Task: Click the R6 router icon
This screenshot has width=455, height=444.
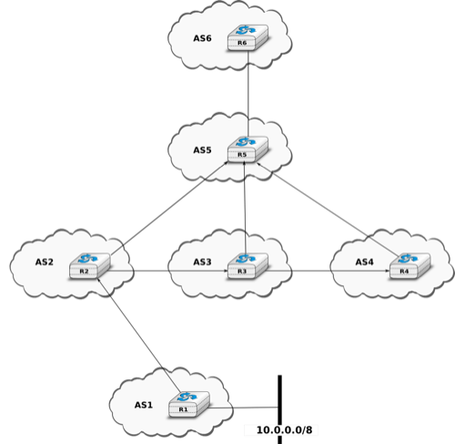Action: (248, 37)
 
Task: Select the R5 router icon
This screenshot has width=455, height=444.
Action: (248, 150)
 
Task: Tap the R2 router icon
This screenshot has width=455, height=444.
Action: (90, 265)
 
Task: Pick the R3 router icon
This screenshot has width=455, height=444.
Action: (248, 265)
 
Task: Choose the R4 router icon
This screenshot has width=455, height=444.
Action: (409, 265)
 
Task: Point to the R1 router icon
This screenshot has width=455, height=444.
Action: (189, 404)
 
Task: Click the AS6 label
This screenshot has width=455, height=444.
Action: (202, 38)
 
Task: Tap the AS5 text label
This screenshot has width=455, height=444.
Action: (202, 150)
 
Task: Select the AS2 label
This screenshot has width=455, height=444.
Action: (45, 262)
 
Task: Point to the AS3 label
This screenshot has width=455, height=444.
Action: (202, 262)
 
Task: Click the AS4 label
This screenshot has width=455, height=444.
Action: (364, 262)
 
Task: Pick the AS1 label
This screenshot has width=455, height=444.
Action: (144, 405)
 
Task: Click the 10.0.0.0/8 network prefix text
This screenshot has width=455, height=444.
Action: (284, 430)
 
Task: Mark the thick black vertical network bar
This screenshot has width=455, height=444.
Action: (279, 409)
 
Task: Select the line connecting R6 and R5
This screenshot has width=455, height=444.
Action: (248, 94)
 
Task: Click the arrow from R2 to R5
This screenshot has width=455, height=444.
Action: (169, 208)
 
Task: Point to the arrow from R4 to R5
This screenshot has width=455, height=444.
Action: (328, 210)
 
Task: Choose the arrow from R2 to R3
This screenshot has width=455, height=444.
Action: (167, 270)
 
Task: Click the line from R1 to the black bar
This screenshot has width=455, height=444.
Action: (243, 408)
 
